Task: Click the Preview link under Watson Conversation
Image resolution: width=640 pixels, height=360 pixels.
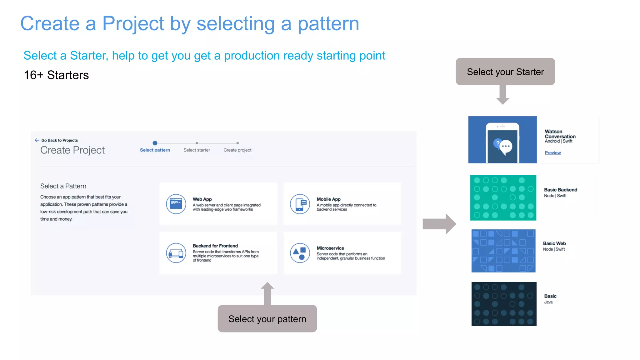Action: (x=552, y=153)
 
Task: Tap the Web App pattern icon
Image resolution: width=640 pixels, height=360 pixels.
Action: (x=176, y=204)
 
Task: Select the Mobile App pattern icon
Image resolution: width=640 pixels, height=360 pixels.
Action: (x=300, y=204)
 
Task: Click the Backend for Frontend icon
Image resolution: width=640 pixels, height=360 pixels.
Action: (x=176, y=253)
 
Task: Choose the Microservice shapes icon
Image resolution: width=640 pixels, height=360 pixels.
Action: (x=300, y=253)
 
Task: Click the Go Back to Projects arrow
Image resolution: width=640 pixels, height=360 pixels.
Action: (x=37, y=140)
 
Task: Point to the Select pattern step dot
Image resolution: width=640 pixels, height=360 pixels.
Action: (x=155, y=143)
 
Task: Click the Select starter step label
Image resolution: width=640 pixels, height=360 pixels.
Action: (x=197, y=150)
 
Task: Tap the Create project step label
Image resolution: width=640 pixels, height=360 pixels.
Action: (x=237, y=150)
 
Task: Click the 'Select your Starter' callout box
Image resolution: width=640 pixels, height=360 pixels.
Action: (x=505, y=72)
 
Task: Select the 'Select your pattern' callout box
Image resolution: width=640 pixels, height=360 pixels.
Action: (x=267, y=319)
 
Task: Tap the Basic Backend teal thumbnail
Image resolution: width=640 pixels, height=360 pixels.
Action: (x=503, y=197)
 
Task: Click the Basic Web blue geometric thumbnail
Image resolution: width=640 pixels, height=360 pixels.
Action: (x=503, y=251)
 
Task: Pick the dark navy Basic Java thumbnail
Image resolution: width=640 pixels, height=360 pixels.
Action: (x=504, y=304)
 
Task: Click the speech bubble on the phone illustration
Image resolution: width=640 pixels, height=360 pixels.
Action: (x=505, y=147)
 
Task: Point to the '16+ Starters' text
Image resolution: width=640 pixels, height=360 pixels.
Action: (x=56, y=75)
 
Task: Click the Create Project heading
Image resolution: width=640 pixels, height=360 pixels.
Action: (x=72, y=150)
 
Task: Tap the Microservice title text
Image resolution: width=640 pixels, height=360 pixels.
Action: (x=330, y=248)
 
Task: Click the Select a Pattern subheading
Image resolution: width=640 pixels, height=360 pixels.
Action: (x=63, y=186)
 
